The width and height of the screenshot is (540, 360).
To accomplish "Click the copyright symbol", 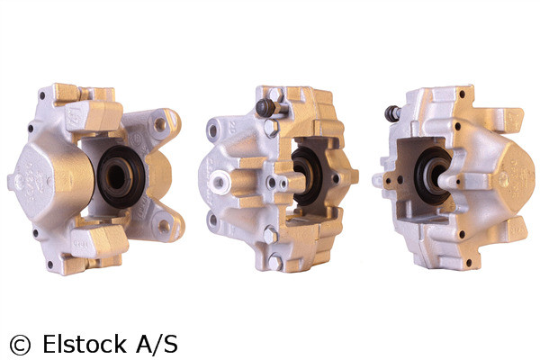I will coord(19,344).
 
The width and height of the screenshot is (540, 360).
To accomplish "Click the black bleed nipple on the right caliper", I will coord(392,113).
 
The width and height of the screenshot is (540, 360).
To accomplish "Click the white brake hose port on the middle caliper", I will coord(219,182).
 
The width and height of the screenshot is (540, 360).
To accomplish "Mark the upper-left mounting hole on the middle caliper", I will coord(212,130).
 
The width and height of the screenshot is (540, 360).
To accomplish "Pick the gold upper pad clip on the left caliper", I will coord(90,113).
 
